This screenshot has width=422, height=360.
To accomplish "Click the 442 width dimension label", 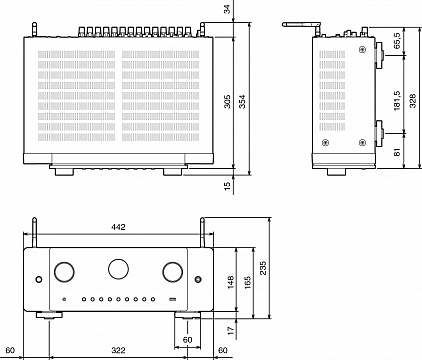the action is click(x=118, y=227).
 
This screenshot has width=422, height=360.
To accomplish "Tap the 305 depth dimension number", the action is click(x=227, y=102).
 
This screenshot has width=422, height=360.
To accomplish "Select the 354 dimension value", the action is click(x=242, y=102).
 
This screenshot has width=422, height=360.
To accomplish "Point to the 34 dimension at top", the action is click(x=227, y=9).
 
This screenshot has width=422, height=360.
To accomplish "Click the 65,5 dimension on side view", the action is click(x=397, y=41).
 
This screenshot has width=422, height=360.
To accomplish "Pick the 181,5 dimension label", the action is click(x=397, y=100).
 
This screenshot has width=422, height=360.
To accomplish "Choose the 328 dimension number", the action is click(x=413, y=101).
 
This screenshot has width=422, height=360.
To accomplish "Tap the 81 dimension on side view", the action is click(x=397, y=152).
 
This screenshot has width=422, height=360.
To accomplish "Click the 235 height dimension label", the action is click(x=263, y=268).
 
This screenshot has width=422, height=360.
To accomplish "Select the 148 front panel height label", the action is click(x=231, y=282).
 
